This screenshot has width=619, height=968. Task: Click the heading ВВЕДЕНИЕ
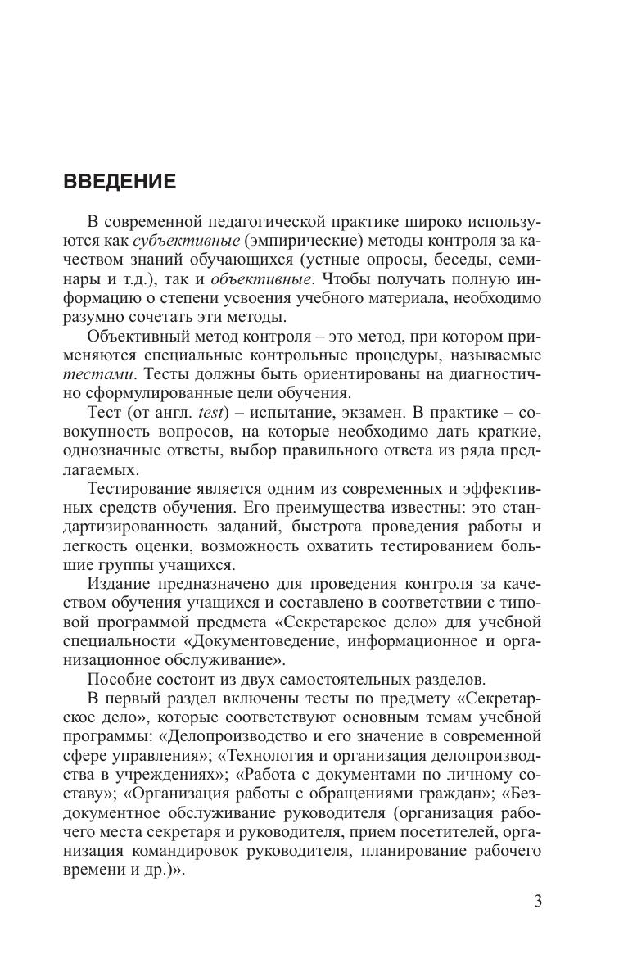120,182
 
